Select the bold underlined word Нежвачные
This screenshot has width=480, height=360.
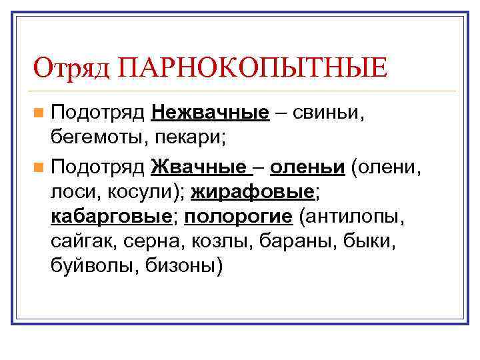[210, 112]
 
